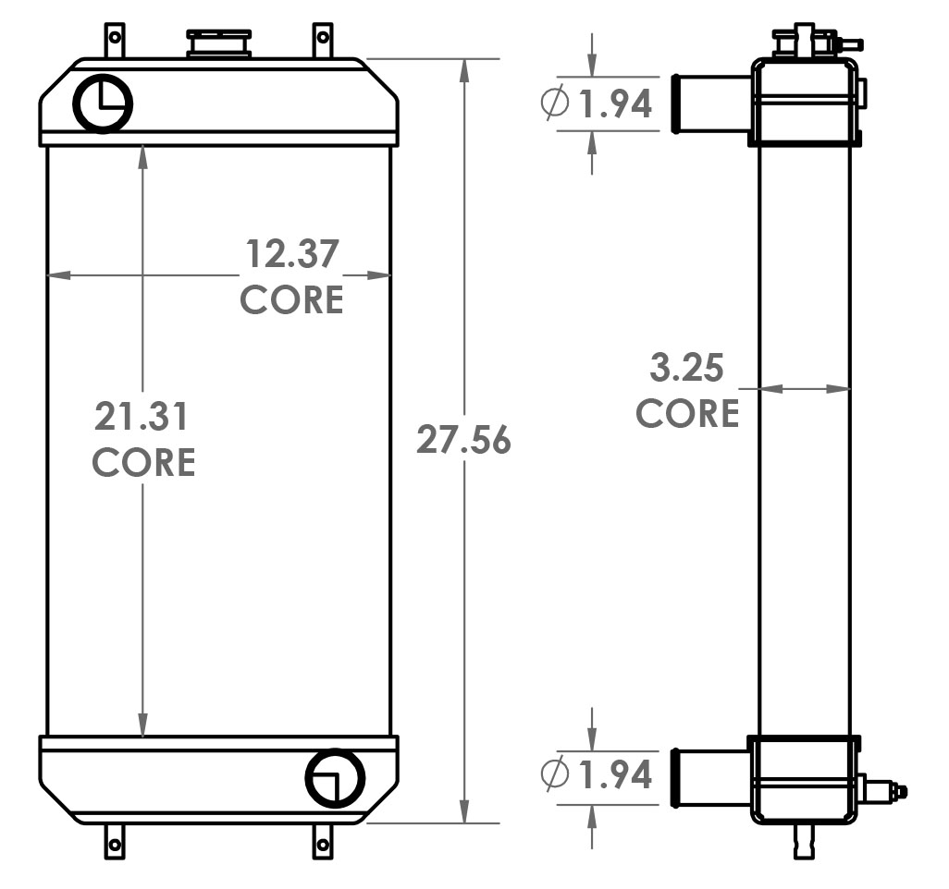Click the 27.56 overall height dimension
[463, 440]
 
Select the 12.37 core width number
[291, 254]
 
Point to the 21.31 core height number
[142, 417]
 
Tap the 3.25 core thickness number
[687, 369]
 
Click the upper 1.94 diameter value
[616, 104]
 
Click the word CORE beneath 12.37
[291, 299]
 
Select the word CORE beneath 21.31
[144, 462]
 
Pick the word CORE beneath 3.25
[687, 413]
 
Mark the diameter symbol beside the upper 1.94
[554, 104]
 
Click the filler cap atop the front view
[219, 43]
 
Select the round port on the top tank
[102, 104]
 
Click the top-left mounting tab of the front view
[114, 41]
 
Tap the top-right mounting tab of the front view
[322, 41]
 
